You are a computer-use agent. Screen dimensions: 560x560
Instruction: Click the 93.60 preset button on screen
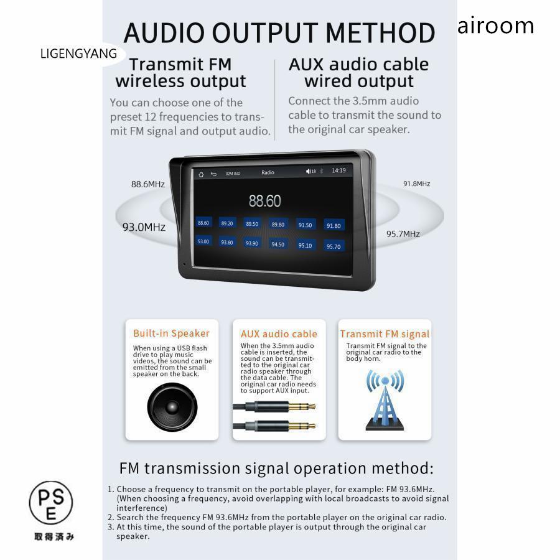(x=226, y=242)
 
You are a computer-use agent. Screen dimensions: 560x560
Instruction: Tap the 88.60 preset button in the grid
(x=203, y=223)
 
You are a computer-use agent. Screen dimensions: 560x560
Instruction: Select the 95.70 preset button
(x=334, y=246)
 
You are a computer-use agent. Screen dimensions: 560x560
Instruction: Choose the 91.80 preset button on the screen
(x=334, y=226)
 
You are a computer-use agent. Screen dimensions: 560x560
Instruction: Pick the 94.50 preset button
(x=278, y=245)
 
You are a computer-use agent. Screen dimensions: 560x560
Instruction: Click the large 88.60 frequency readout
(x=264, y=201)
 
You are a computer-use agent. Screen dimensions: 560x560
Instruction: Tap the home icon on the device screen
(x=201, y=174)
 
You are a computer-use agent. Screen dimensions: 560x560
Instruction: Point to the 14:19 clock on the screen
(x=338, y=170)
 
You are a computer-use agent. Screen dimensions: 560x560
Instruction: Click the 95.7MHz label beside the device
(x=403, y=234)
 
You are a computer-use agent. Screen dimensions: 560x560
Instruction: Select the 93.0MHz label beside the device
(x=144, y=227)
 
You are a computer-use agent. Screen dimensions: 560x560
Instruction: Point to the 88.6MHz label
(x=148, y=184)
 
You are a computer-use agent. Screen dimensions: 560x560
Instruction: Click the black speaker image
(x=172, y=408)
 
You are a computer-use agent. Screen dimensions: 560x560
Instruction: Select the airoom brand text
(x=495, y=26)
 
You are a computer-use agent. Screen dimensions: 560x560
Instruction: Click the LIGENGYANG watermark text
(x=78, y=54)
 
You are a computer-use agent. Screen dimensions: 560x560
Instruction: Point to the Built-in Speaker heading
(x=172, y=333)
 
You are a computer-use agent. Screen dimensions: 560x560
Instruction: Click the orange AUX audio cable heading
(x=279, y=334)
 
